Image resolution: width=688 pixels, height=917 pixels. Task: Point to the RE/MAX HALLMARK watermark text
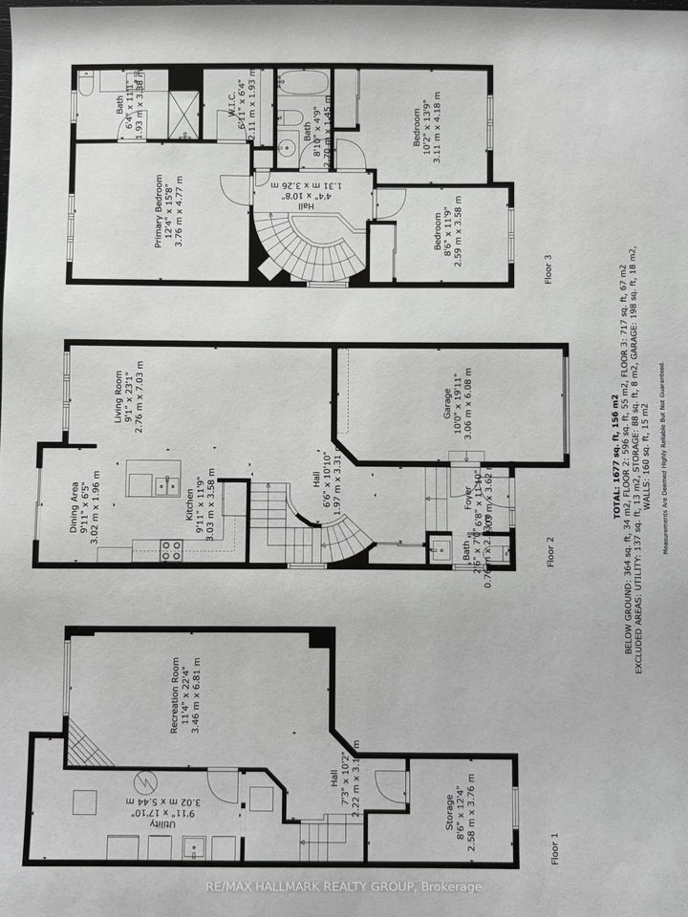344,887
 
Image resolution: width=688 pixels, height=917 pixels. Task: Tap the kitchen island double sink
167,484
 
